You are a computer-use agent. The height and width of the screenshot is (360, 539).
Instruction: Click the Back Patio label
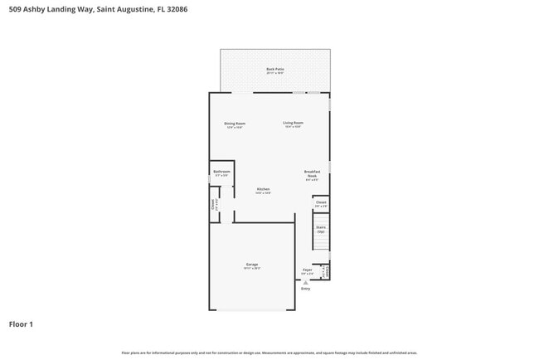274,69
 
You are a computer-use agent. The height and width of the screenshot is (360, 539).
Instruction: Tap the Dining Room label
235,124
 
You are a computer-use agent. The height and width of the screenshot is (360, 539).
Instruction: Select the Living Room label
293,123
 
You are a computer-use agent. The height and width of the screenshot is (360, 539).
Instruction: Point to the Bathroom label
221,172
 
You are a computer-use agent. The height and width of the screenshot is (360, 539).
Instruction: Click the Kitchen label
263,188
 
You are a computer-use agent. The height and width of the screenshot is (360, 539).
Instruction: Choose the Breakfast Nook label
312,173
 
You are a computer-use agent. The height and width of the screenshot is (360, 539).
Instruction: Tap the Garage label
251,265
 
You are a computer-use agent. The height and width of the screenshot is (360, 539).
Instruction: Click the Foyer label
307,270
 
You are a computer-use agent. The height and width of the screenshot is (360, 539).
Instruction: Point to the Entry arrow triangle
305,282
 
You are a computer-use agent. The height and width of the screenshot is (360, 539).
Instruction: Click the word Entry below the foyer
305,289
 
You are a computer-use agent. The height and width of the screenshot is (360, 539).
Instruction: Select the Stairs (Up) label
321,228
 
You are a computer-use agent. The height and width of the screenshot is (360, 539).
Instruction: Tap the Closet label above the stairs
321,202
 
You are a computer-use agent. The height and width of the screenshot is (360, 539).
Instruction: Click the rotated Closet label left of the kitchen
213,203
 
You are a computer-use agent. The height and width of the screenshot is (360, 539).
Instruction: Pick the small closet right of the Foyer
326,270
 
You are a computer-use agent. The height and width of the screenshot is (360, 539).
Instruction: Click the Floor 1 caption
21,324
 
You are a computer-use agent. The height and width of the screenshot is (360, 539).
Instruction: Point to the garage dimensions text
251,269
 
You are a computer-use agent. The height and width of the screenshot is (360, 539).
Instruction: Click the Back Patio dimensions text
274,73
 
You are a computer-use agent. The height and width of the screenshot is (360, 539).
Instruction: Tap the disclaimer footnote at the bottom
269,353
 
